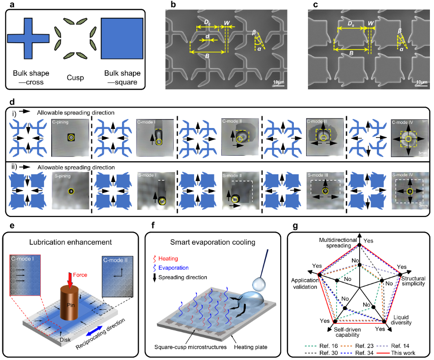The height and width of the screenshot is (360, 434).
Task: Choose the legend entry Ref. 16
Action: [x=325, y=344]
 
